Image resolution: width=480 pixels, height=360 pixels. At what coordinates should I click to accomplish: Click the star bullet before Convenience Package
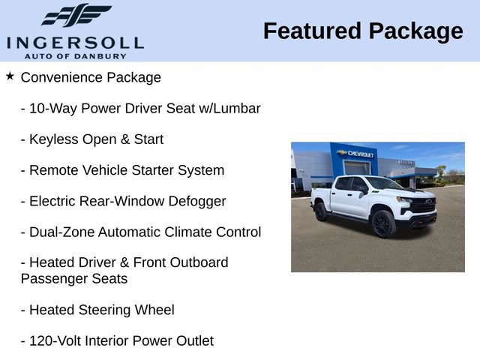(10, 76)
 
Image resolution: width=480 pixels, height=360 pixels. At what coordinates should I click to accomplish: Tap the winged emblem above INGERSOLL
(76, 16)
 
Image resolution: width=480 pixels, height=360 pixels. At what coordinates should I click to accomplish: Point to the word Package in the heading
(416, 31)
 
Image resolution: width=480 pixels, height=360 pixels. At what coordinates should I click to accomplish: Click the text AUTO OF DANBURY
(75, 55)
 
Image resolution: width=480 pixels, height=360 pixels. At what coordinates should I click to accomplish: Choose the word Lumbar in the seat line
(238, 108)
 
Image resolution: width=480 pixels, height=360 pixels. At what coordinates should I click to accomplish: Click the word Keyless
(53, 139)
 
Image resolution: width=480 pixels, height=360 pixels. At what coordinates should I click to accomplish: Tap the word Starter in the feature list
(152, 170)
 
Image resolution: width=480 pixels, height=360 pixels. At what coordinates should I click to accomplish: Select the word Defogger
(198, 201)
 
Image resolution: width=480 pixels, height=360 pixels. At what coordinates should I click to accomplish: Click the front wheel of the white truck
(382, 223)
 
